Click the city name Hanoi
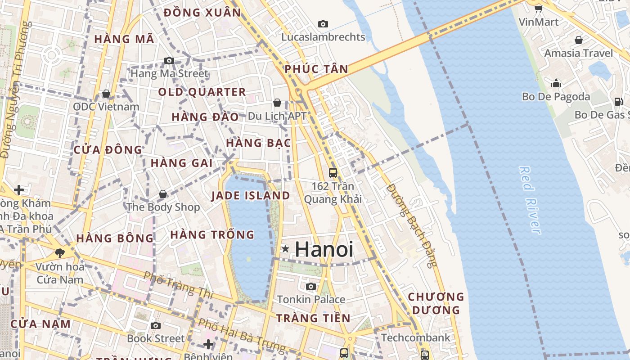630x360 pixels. pyautogui.click(x=324, y=249)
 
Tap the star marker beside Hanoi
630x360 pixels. pyautogui.click(x=285, y=249)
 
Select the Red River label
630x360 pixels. pyautogui.click(x=530, y=200)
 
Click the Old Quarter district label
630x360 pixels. pyautogui.click(x=202, y=92)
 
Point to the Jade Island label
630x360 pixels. pyautogui.click(x=251, y=196)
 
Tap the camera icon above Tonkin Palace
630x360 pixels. pyautogui.click(x=310, y=286)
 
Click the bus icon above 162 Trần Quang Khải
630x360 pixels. pyautogui.click(x=333, y=172)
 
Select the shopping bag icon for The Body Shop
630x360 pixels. pyautogui.click(x=163, y=194)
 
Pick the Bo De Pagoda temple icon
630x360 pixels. pyautogui.click(x=556, y=83)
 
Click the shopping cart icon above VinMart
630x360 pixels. pyautogui.click(x=538, y=8)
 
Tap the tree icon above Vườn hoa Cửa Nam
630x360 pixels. pyautogui.click(x=59, y=253)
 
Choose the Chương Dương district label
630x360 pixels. pyautogui.click(x=436, y=303)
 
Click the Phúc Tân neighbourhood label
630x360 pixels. pyautogui.click(x=316, y=69)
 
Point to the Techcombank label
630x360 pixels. pyautogui.click(x=415, y=337)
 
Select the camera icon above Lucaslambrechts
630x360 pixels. pyautogui.click(x=323, y=24)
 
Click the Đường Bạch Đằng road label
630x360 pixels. pyautogui.click(x=412, y=225)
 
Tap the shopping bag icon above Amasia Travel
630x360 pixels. pyautogui.click(x=578, y=40)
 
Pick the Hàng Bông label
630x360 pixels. pyautogui.click(x=115, y=238)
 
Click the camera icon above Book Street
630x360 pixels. pyautogui.click(x=156, y=325)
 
